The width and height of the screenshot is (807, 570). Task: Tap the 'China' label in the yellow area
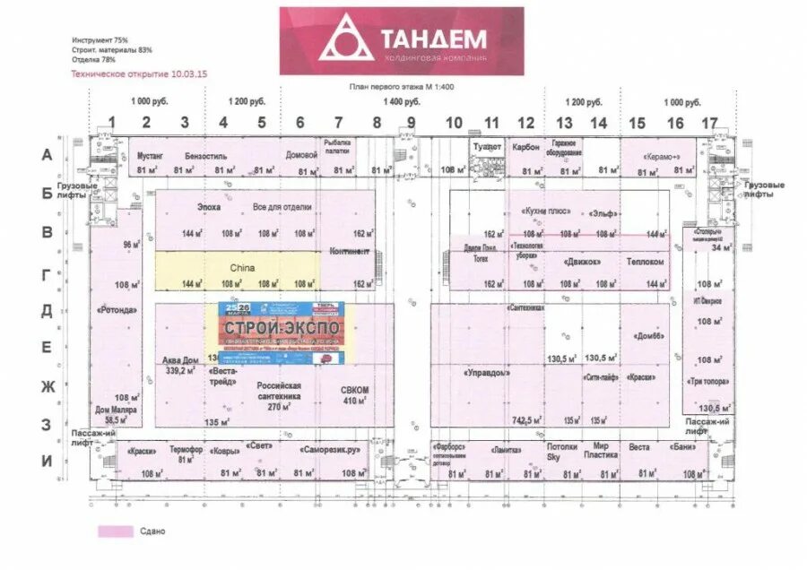click(x=242, y=268)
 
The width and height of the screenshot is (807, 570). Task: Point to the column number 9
click(x=412, y=123)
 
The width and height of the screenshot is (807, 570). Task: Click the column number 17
click(x=710, y=123)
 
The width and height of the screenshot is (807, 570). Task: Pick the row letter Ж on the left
click(x=48, y=386)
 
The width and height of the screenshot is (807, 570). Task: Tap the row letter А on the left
click(x=48, y=155)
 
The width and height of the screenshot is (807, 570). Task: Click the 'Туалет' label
click(x=487, y=146)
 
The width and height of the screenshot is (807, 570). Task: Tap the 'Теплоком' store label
click(x=646, y=263)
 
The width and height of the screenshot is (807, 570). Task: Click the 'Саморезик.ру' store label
click(x=331, y=450)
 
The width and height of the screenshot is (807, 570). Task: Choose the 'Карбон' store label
click(x=525, y=147)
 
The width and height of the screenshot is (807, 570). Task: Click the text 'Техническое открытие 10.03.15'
click(x=139, y=73)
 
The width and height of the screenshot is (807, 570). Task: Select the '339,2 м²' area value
click(x=179, y=369)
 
